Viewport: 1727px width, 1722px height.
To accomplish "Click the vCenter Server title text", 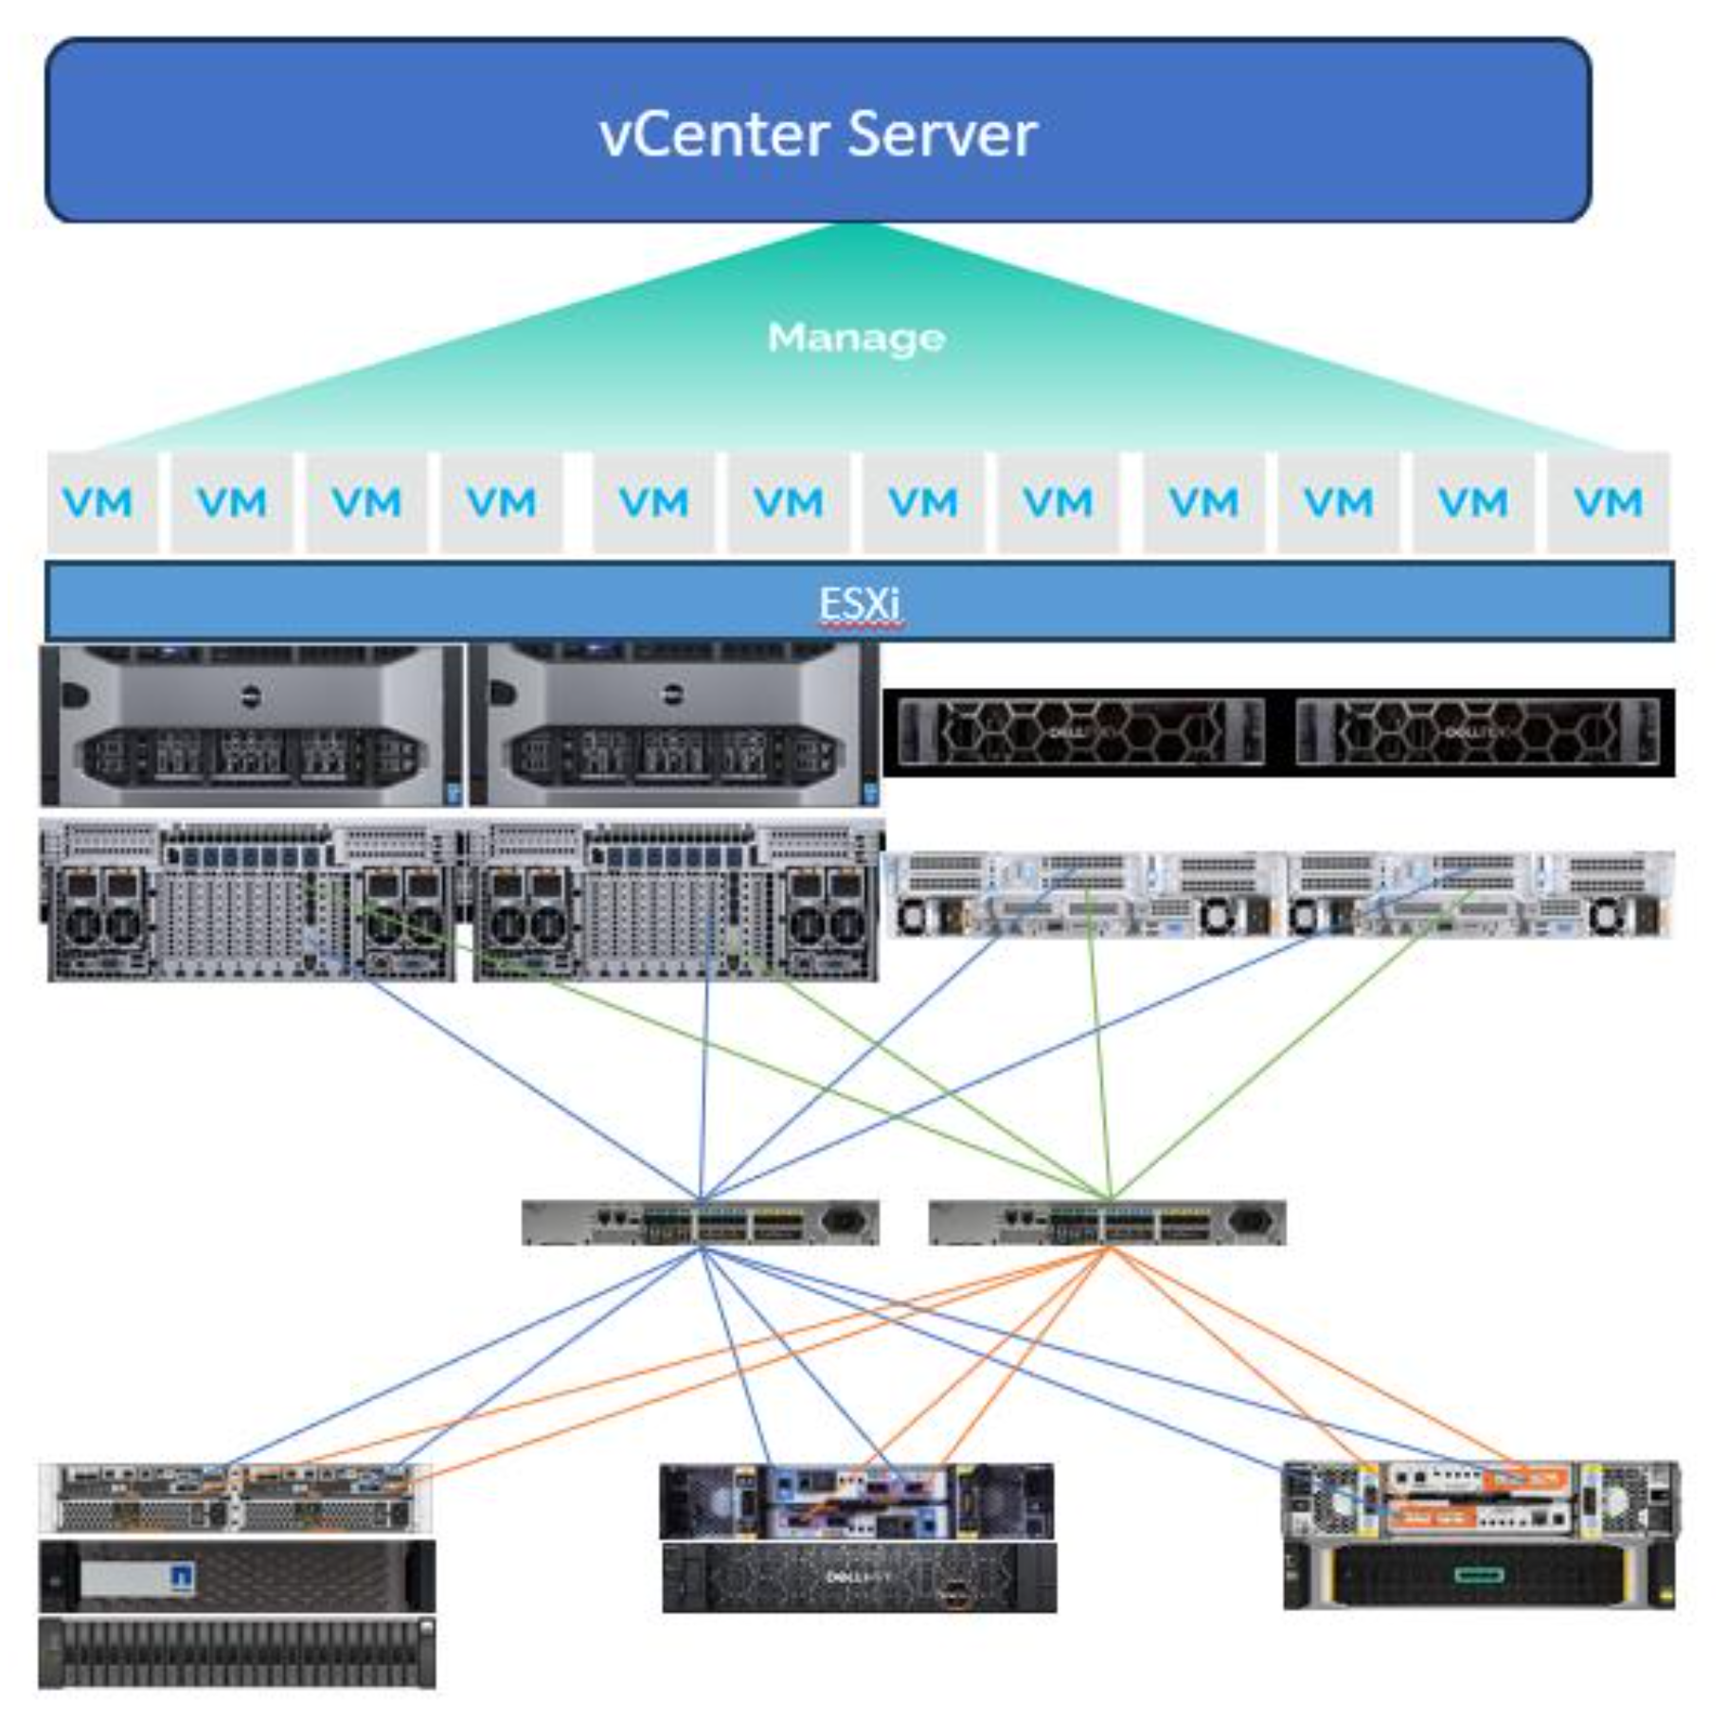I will [x=818, y=134].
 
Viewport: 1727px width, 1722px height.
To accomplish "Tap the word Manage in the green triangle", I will [x=856, y=338].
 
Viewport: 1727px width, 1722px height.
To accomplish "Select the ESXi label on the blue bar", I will [x=859, y=603].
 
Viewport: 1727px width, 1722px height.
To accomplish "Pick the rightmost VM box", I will [x=1608, y=502].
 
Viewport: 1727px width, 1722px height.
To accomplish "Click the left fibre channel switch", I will [x=701, y=1223].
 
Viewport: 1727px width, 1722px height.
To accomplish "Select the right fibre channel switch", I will [x=1107, y=1223].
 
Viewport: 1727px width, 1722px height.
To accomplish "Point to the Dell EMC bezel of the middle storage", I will [x=859, y=1578].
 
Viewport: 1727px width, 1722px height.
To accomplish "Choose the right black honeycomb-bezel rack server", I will [x=1477, y=731].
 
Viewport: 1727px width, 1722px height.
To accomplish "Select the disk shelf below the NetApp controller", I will [x=237, y=1654].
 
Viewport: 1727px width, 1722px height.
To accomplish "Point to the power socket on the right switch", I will [x=1250, y=1222].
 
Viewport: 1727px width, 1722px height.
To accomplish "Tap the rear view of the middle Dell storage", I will [x=857, y=1501].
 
